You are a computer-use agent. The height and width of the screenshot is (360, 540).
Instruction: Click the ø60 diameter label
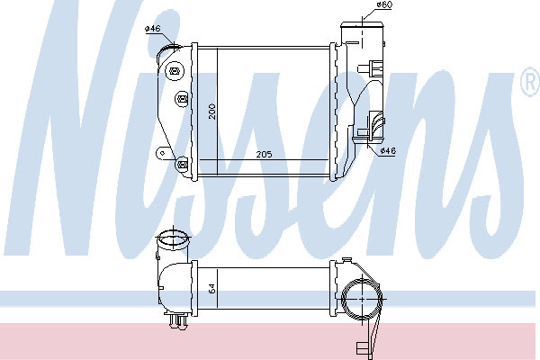[x=384, y=4]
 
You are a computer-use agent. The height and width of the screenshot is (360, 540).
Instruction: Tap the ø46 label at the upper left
[x=153, y=28]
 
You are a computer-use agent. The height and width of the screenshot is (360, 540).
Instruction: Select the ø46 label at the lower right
[x=388, y=150]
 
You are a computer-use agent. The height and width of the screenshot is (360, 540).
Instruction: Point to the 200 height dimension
[x=212, y=112]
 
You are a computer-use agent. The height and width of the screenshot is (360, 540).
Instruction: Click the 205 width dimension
[x=264, y=154]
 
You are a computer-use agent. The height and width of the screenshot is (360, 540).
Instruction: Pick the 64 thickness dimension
[x=212, y=288]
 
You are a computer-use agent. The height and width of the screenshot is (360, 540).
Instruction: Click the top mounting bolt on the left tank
[x=175, y=72]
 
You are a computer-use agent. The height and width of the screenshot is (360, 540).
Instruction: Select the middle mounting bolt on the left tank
[x=182, y=99]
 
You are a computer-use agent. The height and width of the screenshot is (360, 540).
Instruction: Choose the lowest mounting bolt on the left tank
[x=182, y=164]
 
